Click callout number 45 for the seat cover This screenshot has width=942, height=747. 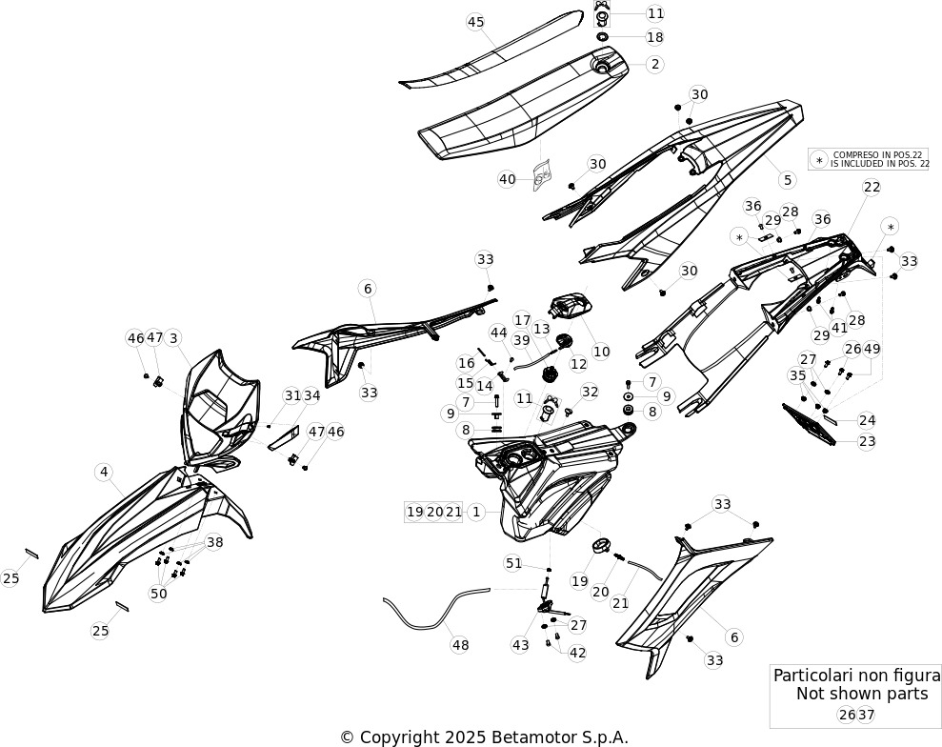475,22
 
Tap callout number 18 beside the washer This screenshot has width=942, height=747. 655,37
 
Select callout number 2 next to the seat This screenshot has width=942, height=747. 655,64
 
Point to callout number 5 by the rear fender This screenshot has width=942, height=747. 787,179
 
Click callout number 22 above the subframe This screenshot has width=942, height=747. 872,187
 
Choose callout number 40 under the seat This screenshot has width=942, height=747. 507,179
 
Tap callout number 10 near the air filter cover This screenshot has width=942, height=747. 601,352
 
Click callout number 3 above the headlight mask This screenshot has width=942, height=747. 173,337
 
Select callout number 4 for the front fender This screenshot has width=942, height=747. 104,473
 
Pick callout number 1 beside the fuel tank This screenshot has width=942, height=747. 476,512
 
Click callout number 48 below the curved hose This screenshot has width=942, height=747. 460,645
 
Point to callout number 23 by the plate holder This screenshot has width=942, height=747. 867,442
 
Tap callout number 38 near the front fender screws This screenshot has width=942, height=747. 214,542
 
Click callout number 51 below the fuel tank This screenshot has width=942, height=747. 513,563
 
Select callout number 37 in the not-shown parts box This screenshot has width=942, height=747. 867,715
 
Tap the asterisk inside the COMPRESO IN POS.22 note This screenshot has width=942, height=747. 819,160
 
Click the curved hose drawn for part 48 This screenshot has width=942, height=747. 433,607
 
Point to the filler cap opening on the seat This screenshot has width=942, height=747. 601,67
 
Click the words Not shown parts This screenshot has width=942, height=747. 862,694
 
